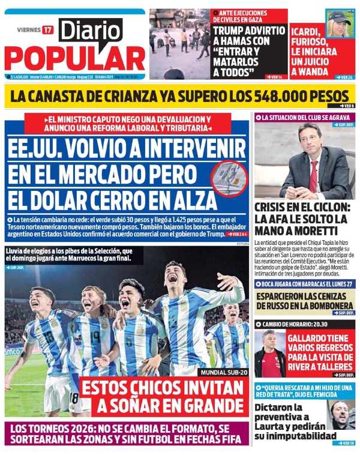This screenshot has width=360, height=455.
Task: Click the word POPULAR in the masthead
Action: click(x=74, y=59)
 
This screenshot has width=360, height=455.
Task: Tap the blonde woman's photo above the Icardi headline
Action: click(x=339, y=23)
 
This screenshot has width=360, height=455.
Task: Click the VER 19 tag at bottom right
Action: click(x=345, y=443)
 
